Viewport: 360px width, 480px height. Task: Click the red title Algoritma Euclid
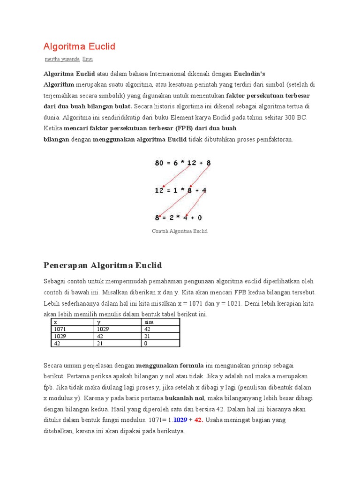coord(79,46)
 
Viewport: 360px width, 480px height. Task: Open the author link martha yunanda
coord(62,59)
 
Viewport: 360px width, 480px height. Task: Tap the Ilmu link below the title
coord(88,59)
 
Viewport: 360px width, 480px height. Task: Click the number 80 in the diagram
coord(160,163)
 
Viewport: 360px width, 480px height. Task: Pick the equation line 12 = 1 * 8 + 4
coord(181,190)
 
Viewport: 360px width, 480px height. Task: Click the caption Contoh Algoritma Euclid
coord(180,231)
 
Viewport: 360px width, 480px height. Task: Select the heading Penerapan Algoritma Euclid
coord(102,266)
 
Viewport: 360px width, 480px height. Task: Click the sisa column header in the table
coord(149,322)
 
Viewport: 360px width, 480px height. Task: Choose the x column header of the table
coord(56,322)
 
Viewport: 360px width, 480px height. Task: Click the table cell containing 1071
coord(60,329)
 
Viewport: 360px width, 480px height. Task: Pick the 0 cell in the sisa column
coord(146,343)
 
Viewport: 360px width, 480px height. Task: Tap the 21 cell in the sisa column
coord(147,336)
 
